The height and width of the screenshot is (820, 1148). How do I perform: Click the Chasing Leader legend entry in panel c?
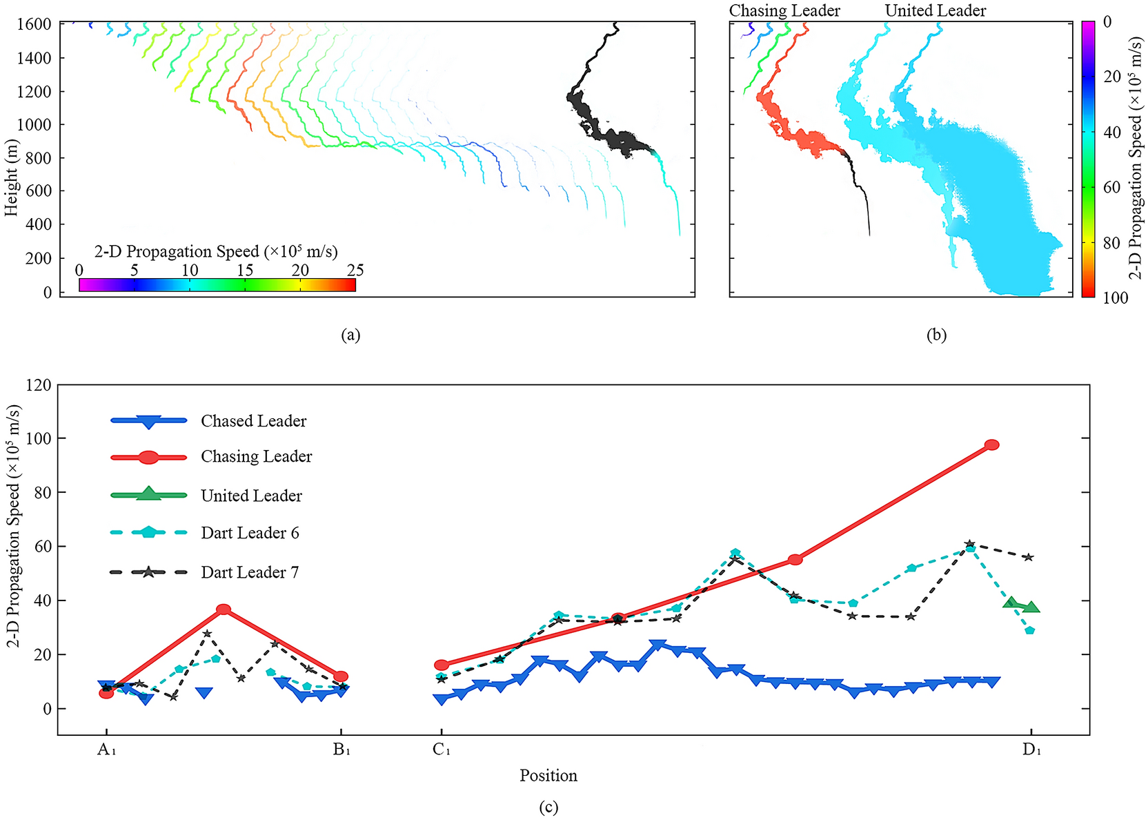[256, 457]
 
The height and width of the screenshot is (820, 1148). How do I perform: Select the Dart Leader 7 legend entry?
[249, 572]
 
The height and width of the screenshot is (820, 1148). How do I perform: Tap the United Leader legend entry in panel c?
[251, 496]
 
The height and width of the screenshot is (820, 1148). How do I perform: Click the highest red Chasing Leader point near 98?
[991, 445]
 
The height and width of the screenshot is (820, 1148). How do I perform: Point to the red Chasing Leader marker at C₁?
[442, 665]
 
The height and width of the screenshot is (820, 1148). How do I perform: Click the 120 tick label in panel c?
[39, 384]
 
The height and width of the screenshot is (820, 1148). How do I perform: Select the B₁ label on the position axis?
[342, 750]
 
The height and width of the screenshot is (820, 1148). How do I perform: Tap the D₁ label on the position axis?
[1031, 750]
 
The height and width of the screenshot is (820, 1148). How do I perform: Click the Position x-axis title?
[548, 775]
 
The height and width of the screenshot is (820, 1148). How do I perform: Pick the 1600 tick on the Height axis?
[34, 24]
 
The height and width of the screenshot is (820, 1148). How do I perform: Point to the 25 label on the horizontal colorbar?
[355, 270]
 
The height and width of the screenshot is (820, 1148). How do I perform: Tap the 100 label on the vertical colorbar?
[1116, 297]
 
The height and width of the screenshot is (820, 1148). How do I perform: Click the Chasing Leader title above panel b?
[784, 10]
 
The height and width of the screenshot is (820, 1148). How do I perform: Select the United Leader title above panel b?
[935, 10]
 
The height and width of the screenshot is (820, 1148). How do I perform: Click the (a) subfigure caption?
[350, 335]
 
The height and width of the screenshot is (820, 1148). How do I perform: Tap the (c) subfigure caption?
[548, 807]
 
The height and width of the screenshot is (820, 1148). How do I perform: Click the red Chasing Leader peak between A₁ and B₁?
[224, 609]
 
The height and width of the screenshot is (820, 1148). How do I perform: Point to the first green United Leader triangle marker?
[1012, 603]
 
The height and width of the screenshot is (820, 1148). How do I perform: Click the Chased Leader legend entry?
[253, 421]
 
